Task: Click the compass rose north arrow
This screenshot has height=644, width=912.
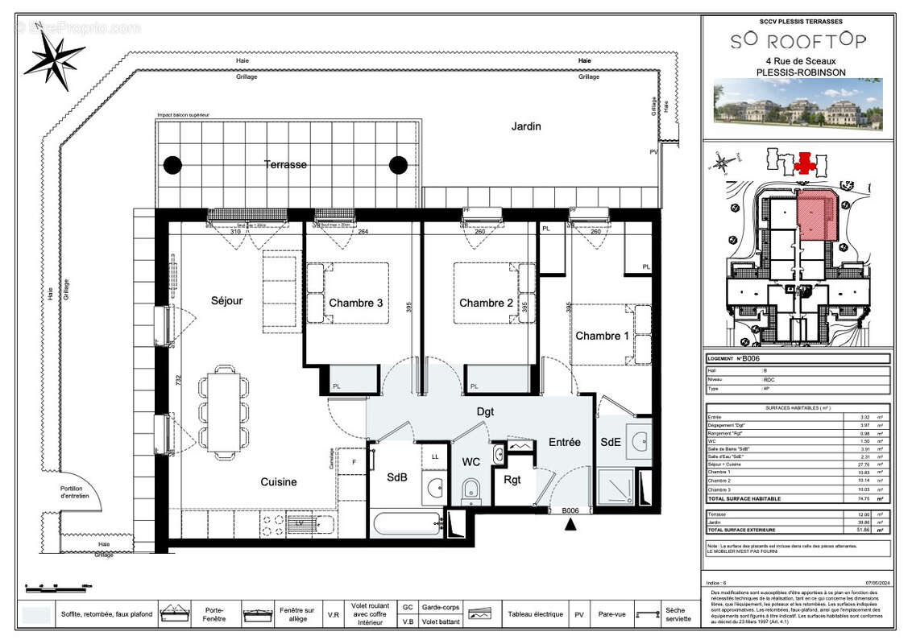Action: pyautogui.click(x=54, y=58)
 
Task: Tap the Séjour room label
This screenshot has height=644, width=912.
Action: pyautogui.click(x=226, y=301)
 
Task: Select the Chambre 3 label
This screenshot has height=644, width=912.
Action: pyautogui.click(x=355, y=303)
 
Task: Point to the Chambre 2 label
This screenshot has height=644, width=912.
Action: pyautogui.click(x=486, y=303)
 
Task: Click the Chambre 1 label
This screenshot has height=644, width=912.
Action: pyautogui.click(x=602, y=336)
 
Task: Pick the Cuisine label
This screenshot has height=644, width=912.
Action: pyautogui.click(x=278, y=482)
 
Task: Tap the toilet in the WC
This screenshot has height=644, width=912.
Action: pyautogui.click(x=471, y=490)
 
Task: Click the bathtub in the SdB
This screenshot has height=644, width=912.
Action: pyautogui.click(x=406, y=524)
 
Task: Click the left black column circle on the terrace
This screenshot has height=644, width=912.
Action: pyautogui.click(x=172, y=165)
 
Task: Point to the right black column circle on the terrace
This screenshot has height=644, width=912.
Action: pyautogui.click(x=398, y=165)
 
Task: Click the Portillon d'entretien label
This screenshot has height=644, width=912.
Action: pyautogui.click(x=77, y=493)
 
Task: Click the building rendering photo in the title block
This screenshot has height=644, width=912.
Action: pyautogui.click(x=798, y=105)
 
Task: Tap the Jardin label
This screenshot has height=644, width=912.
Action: pyautogui.click(x=525, y=126)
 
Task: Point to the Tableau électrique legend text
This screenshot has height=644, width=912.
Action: pyautogui.click(x=535, y=614)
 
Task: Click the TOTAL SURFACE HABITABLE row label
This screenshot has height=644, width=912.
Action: pyautogui.click(x=744, y=499)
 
